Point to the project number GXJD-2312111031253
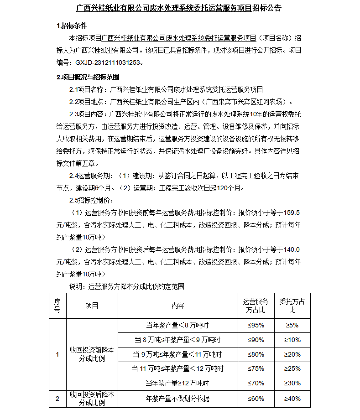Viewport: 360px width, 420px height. point(108,62)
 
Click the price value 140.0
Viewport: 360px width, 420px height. point(292,249)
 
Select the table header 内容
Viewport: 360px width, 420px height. point(177,306)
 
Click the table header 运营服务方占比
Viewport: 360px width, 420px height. point(256,306)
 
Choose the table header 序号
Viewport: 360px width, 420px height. point(57,306)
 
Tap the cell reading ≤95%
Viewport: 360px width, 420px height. point(256,326)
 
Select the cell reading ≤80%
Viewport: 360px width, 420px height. point(256,354)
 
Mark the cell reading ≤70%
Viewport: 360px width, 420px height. point(256,383)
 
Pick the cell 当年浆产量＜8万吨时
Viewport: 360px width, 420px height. point(177,326)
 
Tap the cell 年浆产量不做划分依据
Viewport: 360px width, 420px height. point(177,399)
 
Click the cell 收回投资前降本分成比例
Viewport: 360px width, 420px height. point(92,354)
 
